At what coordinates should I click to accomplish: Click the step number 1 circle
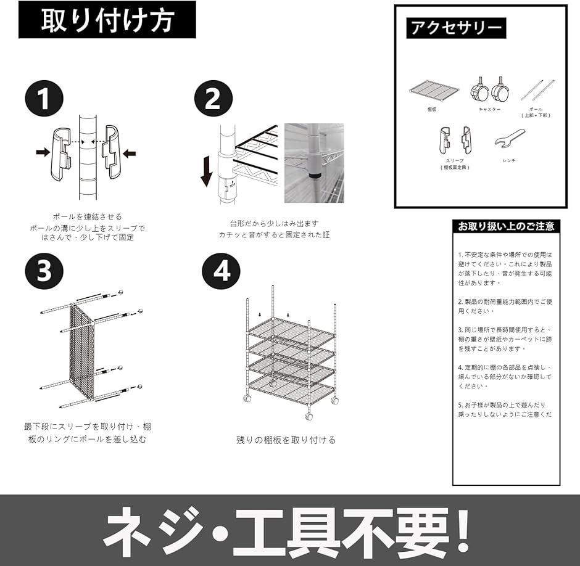point(44,99)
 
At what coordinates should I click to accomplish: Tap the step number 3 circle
point(44,271)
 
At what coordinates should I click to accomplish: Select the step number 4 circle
point(222,271)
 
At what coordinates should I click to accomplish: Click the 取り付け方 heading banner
point(107,20)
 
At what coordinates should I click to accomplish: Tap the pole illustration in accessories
point(536,90)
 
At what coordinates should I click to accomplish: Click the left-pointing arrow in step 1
point(128,153)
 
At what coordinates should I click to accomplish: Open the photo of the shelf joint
point(313,163)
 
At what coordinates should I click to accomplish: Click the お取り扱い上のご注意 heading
point(506,226)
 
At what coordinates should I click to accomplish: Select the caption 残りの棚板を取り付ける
point(286,440)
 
